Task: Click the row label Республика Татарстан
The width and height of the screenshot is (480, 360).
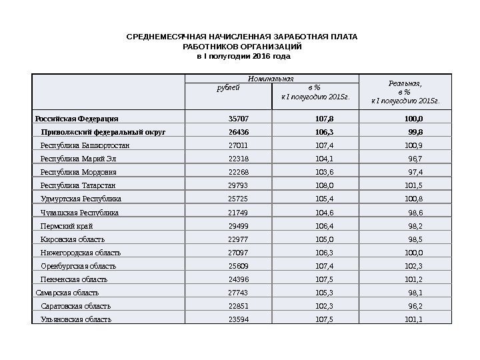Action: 78,185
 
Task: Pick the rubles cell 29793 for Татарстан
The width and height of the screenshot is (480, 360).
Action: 238,185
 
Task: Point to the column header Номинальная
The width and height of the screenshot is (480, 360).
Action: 271,79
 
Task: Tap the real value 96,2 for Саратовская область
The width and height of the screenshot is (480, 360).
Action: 416,306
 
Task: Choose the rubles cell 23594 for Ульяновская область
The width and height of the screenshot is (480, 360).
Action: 238,319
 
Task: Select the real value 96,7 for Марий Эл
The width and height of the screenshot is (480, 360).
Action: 416,159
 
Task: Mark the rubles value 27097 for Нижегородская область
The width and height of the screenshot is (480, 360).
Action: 238,253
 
